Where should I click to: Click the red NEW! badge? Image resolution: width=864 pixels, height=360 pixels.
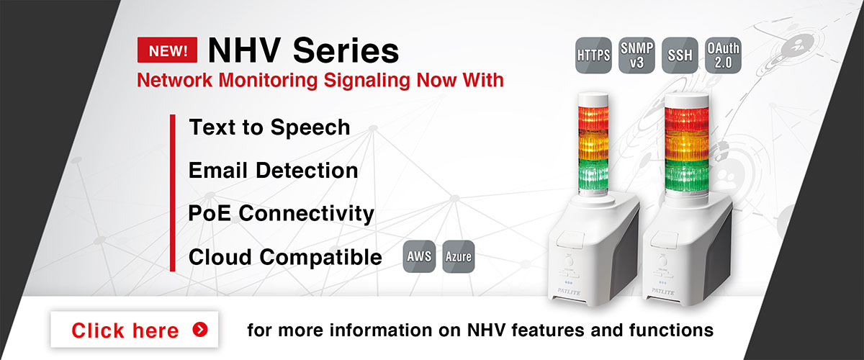click(167, 50)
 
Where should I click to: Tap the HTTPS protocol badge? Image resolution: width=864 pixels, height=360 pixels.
click(593, 55)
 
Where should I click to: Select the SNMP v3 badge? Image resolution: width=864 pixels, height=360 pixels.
click(636, 55)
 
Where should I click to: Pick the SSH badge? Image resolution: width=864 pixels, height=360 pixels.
click(680, 55)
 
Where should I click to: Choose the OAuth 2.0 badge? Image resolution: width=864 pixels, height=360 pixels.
click(723, 55)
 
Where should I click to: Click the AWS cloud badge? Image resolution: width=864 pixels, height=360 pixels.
click(419, 256)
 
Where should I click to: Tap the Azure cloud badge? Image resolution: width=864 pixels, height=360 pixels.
click(458, 256)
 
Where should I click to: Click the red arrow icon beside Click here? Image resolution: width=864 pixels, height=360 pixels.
click(200, 330)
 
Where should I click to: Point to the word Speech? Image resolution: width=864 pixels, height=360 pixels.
click(310, 128)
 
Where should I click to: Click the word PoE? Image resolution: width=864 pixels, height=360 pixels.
click(210, 213)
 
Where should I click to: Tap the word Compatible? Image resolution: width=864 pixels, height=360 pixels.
click(321, 257)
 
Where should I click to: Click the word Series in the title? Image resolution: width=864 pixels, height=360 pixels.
click(346, 50)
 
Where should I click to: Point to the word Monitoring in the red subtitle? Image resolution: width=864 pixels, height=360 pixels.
click(268, 80)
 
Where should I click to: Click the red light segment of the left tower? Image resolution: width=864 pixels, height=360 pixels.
click(593, 118)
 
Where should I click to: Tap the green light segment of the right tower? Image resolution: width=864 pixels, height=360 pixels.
click(687, 176)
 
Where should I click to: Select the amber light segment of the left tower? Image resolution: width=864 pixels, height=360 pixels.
click(593, 145)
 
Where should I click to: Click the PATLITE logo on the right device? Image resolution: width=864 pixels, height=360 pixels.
click(663, 292)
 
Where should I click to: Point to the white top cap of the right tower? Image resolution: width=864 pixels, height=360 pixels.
click(687, 100)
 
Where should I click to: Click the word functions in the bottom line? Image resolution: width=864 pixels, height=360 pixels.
click(671, 330)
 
